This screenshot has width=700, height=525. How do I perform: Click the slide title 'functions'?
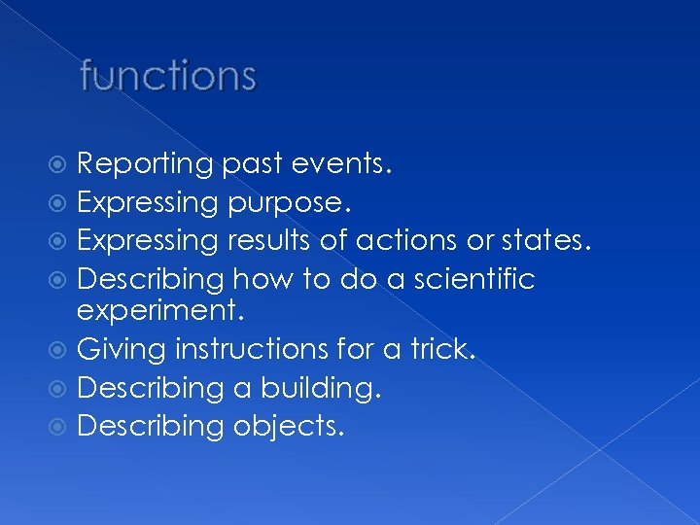pyautogui.click(x=168, y=75)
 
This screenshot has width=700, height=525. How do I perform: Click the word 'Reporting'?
pyautogui.click(x=144, y=164)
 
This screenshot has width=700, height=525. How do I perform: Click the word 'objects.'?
pyautogui.click(x=288, y=427)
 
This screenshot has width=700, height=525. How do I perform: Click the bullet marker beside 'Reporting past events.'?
pyautogui.click(x=63, y=164)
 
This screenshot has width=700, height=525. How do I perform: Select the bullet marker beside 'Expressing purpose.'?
pyautogui.click(x=63, y=202)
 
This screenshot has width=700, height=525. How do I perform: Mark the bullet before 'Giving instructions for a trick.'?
pyautogui.click(x=63, y=349)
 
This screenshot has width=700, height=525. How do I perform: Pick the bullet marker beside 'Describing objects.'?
pyautogui.click(x=63, y=427)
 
